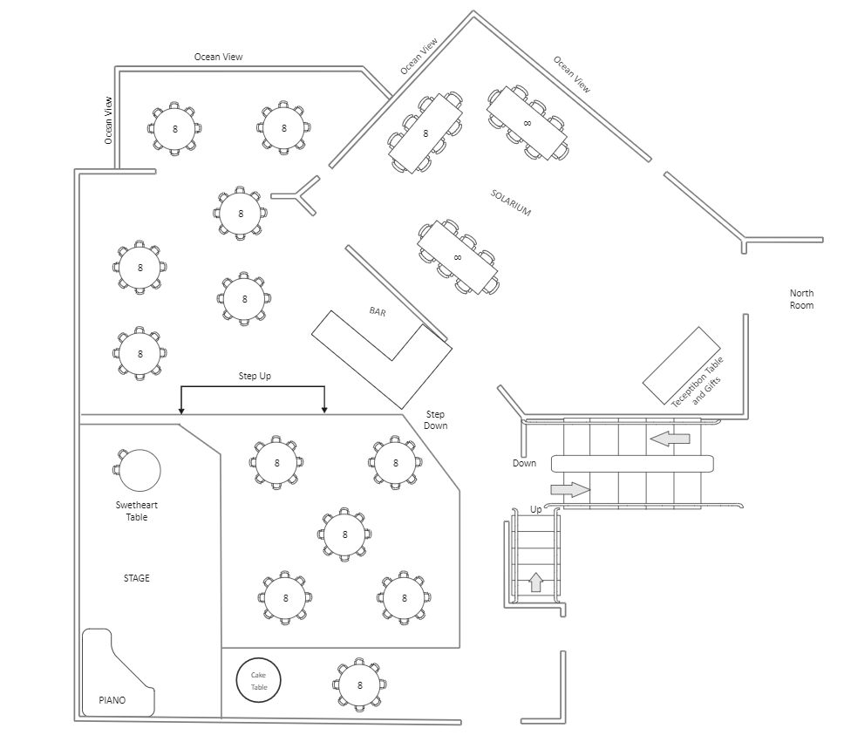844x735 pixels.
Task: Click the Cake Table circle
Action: (x=259, y=681)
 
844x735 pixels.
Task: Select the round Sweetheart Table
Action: (x=140, y=471)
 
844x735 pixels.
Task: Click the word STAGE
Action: (x=136, y=578)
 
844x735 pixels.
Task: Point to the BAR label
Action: (x=378, y=311)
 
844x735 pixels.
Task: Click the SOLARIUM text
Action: (x=510, y=201)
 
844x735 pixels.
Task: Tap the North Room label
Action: (x=801, y=299)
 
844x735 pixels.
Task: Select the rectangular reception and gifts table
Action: (x=681, y=365)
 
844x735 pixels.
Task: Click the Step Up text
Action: (x=255, y=376)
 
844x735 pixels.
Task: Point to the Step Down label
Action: (x=435, y=419)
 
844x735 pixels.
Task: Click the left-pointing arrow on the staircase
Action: (x=670, y=439)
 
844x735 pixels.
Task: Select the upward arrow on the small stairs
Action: (x=536, y=582)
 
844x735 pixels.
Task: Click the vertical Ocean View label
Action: (x=108, y=119)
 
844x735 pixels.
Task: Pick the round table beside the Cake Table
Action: (x=359, y=685)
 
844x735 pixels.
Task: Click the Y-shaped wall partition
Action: (x=298, y=195)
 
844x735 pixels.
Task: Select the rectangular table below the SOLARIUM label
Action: (x=458, y=256)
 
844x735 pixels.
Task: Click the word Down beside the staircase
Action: (x=524, y=463)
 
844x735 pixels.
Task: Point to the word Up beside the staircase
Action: (x=535, y=508)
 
